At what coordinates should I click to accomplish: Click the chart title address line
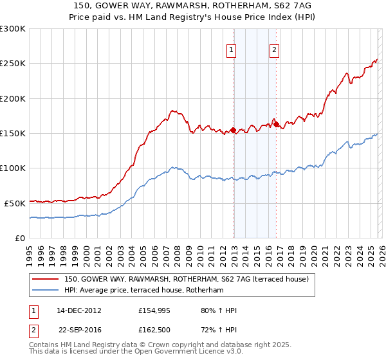pos(193,6)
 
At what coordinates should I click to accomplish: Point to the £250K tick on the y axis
pos(13,64)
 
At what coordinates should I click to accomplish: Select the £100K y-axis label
pos(13,168)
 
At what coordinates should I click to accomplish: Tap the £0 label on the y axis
pos(19,238)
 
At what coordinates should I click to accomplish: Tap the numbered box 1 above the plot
pos(231,50)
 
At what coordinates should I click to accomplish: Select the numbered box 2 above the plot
pos(274,50)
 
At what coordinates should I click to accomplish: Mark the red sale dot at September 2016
pos(276,125)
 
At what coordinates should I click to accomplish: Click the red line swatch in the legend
pos(46,280)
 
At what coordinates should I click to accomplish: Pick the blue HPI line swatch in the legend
pos(46,291)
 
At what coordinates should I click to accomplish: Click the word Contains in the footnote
pos(45,345)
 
